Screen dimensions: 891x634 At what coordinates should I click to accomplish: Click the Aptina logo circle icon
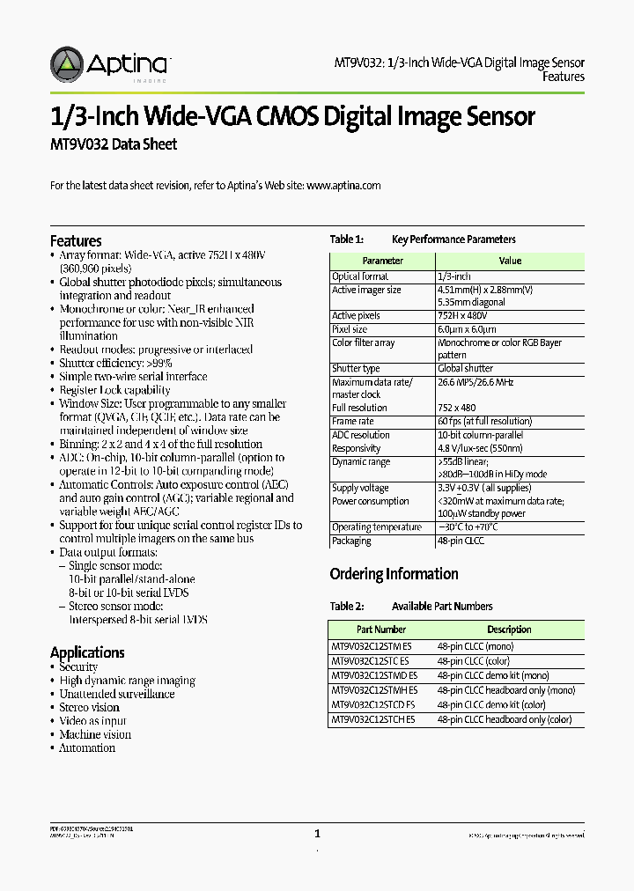coord(67,64)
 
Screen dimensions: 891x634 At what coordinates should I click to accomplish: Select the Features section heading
coord(76,241)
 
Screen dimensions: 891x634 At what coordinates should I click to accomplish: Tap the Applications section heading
coord(87,652)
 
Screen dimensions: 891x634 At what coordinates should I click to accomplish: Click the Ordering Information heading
coord(394,574)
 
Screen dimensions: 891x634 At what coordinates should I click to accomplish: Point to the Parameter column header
coord(382,261)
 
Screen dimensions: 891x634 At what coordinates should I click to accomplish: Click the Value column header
coord(510,261)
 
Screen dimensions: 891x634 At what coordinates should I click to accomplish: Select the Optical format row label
coord(360,276)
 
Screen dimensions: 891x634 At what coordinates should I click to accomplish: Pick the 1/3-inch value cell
coord(454,276)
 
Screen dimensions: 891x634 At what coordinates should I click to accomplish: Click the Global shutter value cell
coord(465,368)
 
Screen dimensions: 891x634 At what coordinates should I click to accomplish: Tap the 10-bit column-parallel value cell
coord(480,435)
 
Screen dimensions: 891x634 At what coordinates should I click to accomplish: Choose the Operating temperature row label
coord(376,527)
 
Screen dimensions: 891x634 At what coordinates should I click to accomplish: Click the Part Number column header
coord(381,630)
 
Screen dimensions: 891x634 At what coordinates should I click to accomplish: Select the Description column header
coord(509,630)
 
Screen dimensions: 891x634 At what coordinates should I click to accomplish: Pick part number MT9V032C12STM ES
coord(372,646)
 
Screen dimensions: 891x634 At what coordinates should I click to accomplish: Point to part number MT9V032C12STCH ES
coord(373,719)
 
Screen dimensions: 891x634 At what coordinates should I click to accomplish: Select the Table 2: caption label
coord(346,607)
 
